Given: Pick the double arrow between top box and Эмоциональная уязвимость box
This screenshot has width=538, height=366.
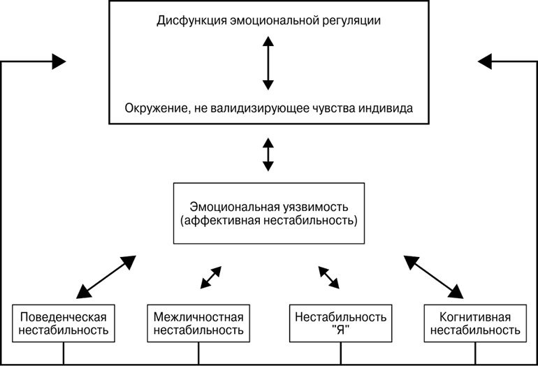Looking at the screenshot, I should pos(268,155).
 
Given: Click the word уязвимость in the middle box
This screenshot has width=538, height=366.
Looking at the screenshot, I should pos(317,207).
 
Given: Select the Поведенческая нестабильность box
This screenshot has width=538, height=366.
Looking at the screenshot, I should pos(64,323).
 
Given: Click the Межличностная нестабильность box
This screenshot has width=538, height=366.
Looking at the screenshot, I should pos(198,323).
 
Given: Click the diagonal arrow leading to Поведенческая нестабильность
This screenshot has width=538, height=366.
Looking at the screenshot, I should pos(106,277).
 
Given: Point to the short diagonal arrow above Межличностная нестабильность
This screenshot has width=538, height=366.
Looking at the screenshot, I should pos(210,277).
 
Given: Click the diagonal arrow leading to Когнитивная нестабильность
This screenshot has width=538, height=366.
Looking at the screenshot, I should pos(434,277).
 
